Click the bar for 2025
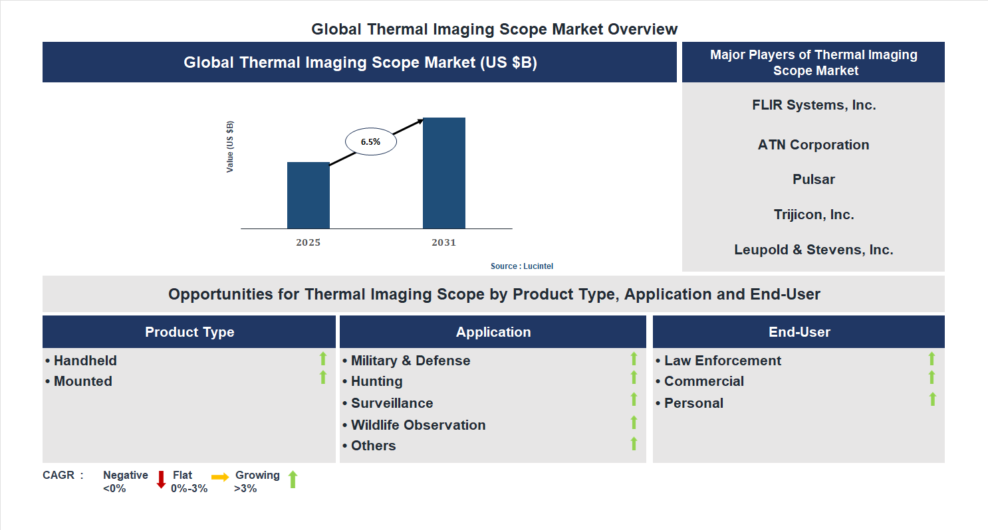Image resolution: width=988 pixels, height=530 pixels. [308, 195]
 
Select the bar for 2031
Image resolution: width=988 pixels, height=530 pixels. [443, 173]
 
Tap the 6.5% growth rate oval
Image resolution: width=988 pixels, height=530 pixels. [370, 141]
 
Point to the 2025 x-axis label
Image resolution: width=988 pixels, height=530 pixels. [308, 242]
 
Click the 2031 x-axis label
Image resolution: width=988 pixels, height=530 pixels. [443, 242]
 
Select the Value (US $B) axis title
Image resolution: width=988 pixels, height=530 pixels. [230, 147]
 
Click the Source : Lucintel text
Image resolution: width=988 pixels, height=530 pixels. [521, 266]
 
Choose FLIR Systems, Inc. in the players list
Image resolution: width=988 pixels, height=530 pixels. [814, 105]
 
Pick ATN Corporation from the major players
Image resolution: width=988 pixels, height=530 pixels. [813, 145]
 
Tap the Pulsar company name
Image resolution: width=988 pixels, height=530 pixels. [813, 179]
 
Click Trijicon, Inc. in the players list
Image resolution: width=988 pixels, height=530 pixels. [813, 215]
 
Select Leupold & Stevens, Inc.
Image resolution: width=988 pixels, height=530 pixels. [813, 250]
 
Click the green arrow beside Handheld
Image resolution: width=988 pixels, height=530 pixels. [323, 359]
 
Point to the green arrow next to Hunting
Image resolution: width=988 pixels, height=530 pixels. [634, 378]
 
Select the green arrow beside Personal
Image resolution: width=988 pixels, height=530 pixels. [932, 399]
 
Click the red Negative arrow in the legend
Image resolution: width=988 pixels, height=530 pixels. [161, 480]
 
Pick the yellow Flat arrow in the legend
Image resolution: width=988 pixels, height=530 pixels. [220, 477]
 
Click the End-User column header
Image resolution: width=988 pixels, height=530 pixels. [799, 332]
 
